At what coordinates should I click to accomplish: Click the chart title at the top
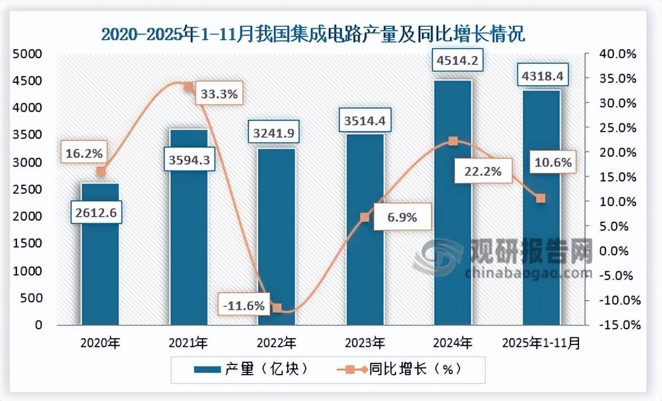(312, 34)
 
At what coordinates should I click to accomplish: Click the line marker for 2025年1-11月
(541, 198)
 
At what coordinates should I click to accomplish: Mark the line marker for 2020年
(100, 171)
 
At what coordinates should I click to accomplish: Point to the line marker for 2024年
(453, 141)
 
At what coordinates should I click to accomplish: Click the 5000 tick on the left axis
(29, 54)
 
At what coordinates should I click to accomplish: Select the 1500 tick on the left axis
(29, 244)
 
